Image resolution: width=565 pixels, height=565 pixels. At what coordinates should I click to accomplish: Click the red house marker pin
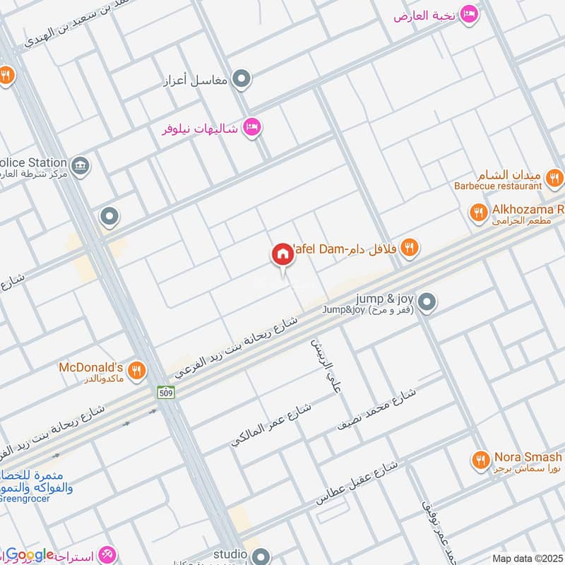(283, 254)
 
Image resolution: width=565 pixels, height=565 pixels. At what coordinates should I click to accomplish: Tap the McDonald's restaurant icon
(137, 369)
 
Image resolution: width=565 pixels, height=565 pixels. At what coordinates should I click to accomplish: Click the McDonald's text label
(90, 367)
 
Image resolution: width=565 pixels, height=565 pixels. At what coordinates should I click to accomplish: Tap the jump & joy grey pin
(426, 303)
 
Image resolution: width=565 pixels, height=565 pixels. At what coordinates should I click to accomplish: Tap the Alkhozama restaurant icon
(479, 211)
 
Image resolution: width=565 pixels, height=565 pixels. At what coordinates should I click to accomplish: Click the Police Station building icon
(81, 165)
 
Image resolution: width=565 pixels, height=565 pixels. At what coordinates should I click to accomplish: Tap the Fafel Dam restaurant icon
(409, 248)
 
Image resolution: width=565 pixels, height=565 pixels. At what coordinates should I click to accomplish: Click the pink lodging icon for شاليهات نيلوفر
(251, 128)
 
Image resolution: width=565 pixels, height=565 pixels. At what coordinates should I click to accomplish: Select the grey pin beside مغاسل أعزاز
(242, 79)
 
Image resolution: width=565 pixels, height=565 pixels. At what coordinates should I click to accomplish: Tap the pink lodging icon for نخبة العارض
(468, 14)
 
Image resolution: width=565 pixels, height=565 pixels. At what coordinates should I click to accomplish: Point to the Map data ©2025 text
(526, 558)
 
